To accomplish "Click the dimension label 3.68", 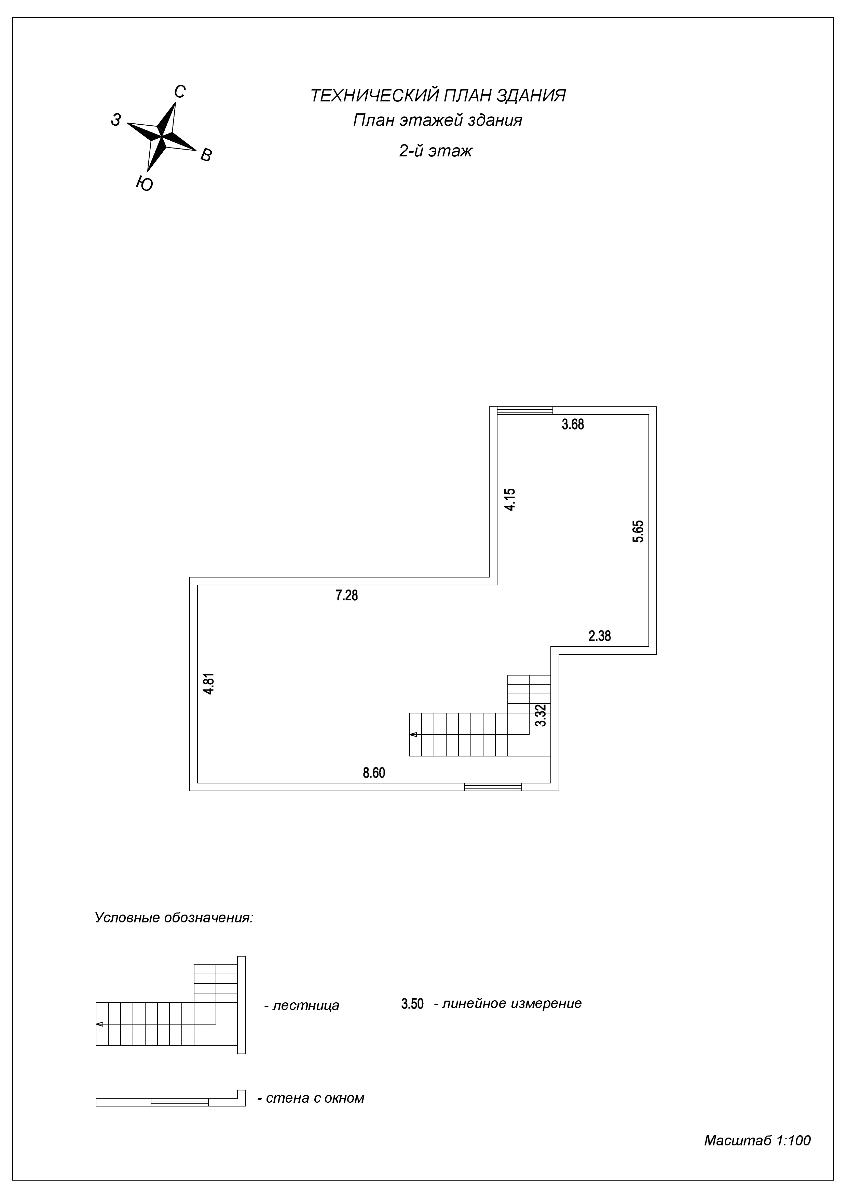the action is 573,424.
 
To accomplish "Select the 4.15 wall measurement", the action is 510,499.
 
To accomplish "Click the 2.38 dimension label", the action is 600,636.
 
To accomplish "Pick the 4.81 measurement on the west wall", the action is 209,684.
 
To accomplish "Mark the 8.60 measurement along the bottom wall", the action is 374,773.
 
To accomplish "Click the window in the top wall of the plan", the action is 524,410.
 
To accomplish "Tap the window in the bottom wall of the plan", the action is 493,787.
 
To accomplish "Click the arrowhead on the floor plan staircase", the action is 413,735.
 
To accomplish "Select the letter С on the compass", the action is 179,92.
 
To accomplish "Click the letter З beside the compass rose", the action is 116,120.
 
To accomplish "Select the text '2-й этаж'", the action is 436,151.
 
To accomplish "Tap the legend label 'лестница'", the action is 306,1005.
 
